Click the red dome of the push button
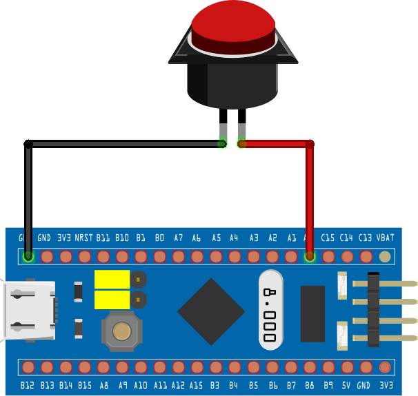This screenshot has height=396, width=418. [234, 24]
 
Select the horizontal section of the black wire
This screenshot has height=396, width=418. [124, 144]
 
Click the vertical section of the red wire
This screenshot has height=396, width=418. [310, 200]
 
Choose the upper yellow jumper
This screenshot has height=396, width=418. [112, 279]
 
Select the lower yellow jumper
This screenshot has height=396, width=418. [112, 300]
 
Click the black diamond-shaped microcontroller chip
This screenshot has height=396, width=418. [211, 311]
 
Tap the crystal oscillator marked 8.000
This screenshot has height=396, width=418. [270, 309]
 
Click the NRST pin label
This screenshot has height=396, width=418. [84, 238]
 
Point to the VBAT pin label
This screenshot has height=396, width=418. [385, 238]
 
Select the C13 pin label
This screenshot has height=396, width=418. [366, 238]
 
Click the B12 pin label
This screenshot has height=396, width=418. [28, 386]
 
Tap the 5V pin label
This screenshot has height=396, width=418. [347, 386]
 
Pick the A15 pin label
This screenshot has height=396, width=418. [197, 386]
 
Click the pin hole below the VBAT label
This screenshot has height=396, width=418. [385, 257]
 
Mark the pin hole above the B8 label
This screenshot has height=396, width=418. [310, 366]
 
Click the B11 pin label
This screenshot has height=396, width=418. [103, 238]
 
